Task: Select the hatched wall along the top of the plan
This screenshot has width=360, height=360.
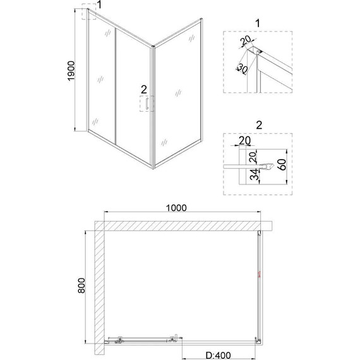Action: point(183,225)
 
